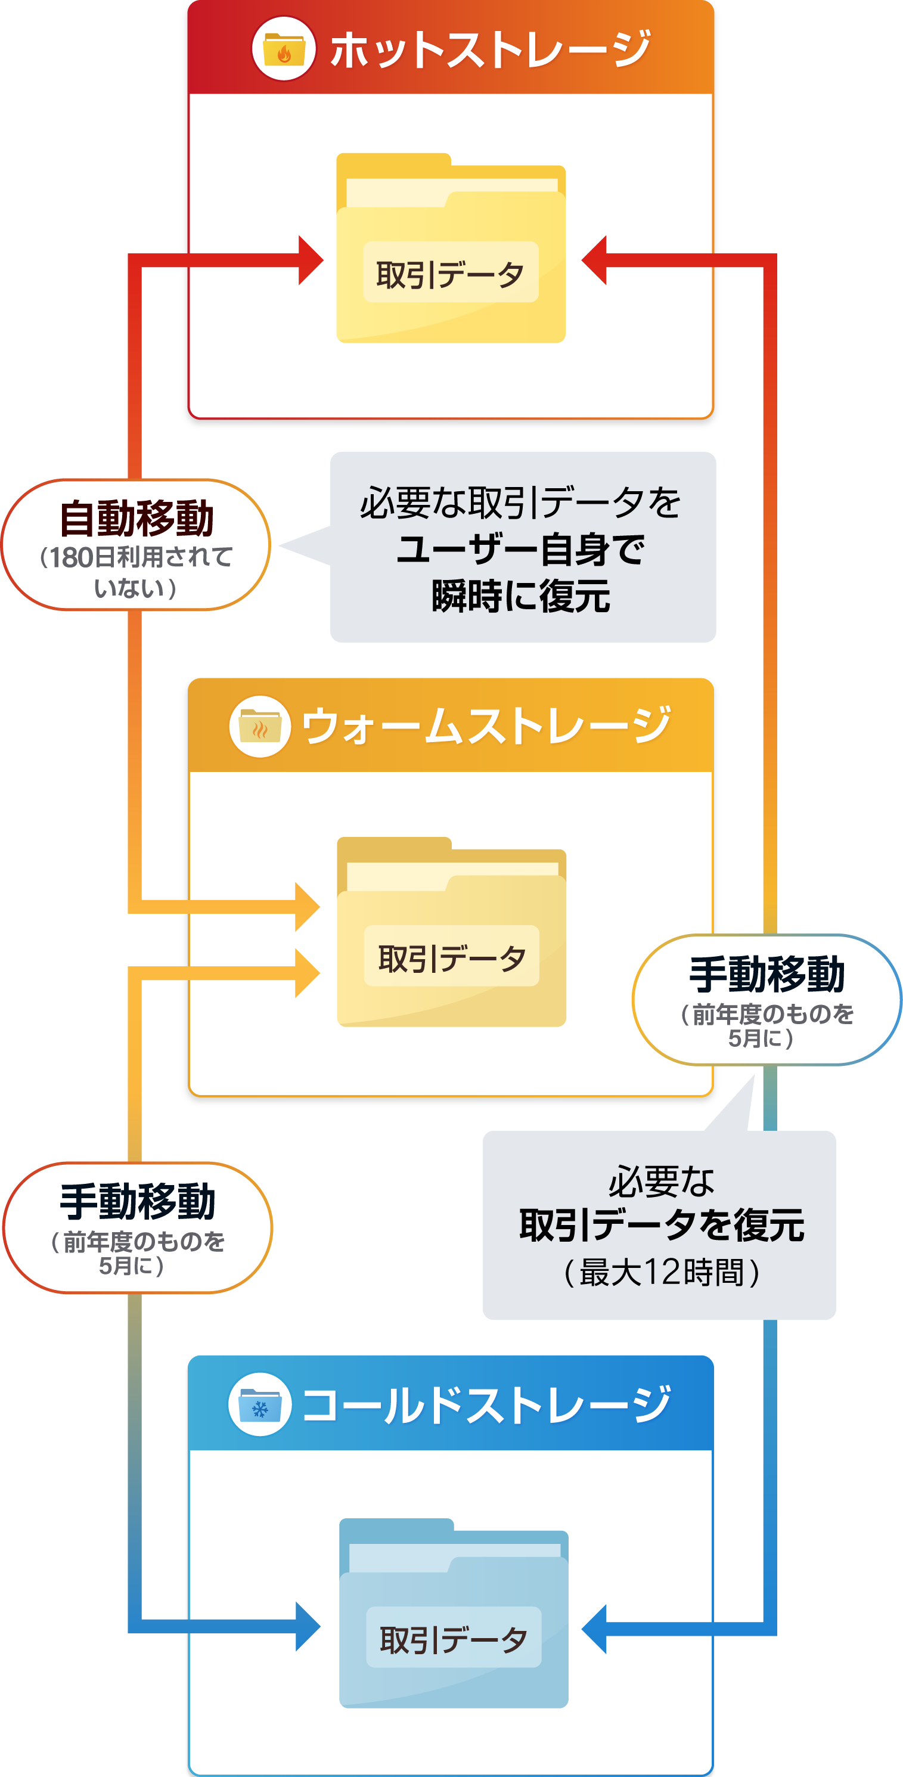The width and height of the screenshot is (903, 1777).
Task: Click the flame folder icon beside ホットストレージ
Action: point(284,49)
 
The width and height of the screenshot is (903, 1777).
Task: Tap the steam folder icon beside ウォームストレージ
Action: point(259,727)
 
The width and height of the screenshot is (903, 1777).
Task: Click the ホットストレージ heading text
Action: point(490,49)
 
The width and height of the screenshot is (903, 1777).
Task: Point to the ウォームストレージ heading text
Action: point(486,727)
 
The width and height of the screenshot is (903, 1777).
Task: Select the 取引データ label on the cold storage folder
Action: point(453,1638)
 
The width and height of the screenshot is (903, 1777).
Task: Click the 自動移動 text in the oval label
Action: point(136,519)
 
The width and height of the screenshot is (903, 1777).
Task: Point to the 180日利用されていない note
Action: point(136,572)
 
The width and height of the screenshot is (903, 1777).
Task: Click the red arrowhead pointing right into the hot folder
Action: point(310,260)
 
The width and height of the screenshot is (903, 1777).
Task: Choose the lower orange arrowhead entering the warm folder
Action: point(307,973)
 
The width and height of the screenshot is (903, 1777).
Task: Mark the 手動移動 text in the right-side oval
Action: point(767,974)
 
